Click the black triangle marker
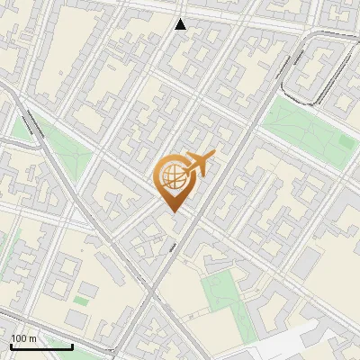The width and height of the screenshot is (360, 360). point(181,24)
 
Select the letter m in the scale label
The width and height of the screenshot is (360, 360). point(31,338)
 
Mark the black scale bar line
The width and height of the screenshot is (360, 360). point(41,346)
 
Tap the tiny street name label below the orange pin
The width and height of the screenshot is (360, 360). point(172,244)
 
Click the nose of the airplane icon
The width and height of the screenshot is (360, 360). point(213,156)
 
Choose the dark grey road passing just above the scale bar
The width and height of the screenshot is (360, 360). point(54,320)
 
